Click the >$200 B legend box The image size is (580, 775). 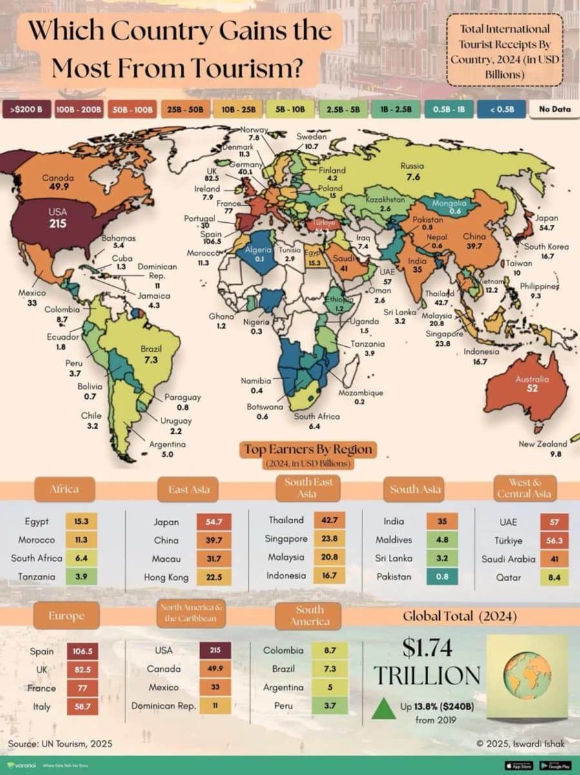pos(26,109)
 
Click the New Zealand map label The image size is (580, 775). pos(543,444)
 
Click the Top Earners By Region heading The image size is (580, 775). pos(308,449)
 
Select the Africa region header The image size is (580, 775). pos(65,489)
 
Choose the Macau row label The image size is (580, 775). pos(171,559)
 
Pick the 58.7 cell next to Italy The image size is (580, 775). pos(82,707)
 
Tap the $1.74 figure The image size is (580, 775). pos(426,647)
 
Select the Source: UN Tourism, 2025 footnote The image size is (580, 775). pos(60,744)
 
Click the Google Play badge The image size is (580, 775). pos(554,765)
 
